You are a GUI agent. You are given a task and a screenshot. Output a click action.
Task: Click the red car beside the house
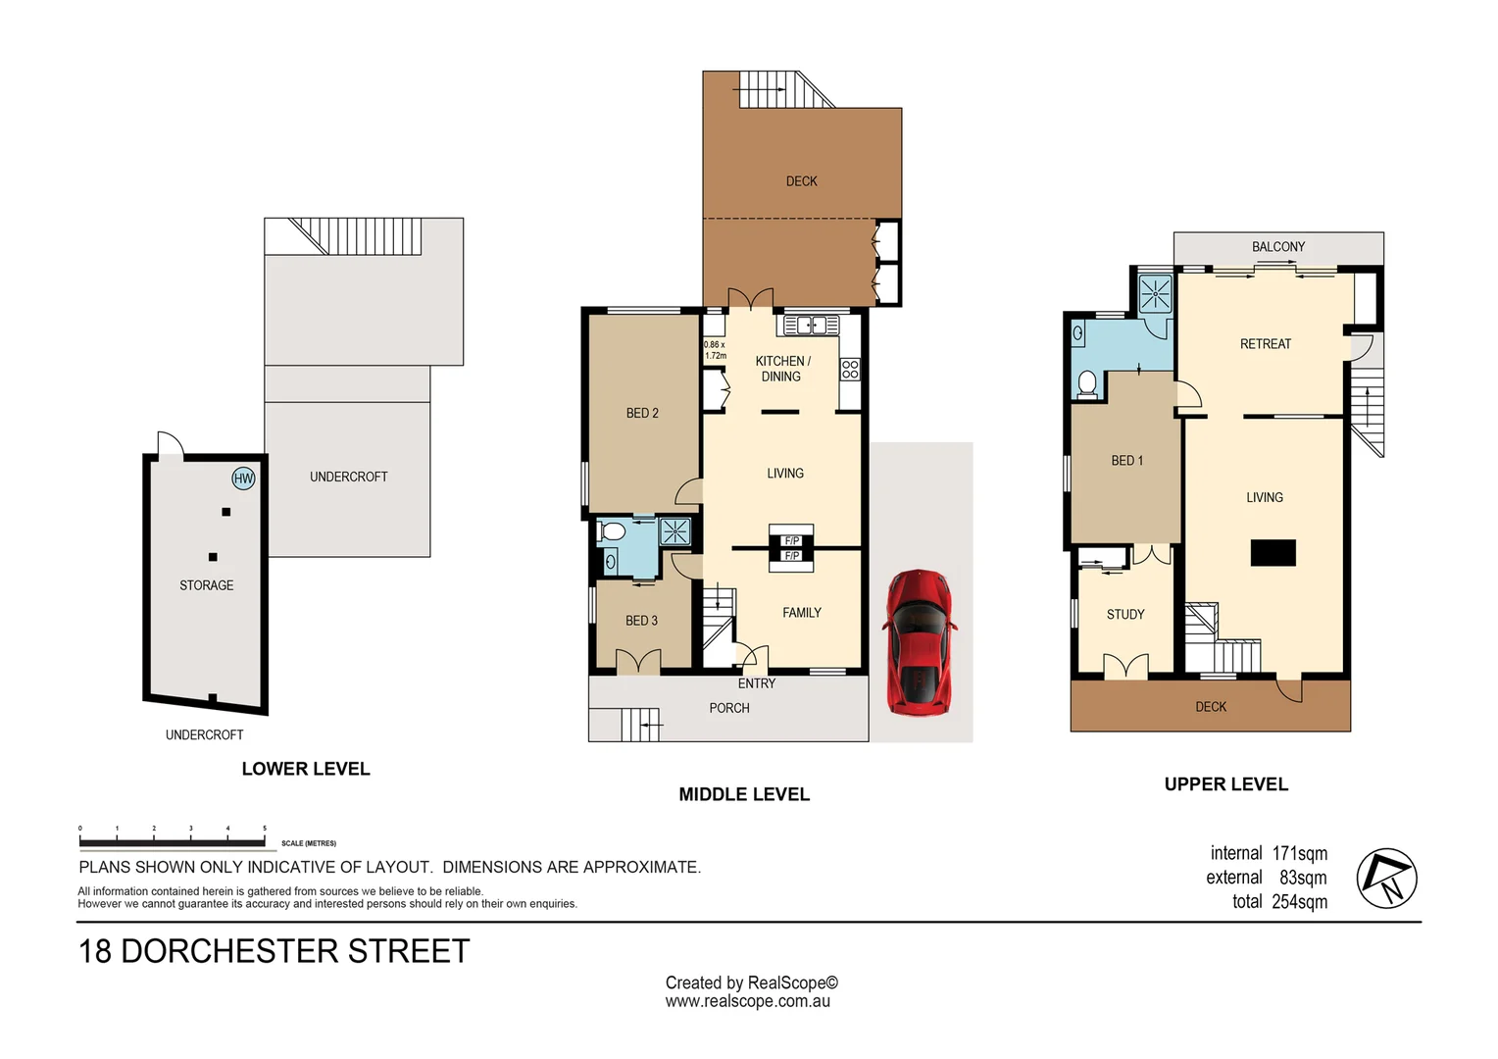pyautogui.click(x=919, y=642)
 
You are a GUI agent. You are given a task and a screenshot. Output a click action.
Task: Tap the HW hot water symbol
pyautogui.click(x=243, y=479)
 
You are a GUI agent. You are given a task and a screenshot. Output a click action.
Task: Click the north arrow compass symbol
pyautogui.click(x=1386, y=878)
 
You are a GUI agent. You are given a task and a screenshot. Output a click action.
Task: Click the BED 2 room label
pyautogui.click(x=642, y=413)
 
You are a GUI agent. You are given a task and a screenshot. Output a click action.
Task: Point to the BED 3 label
pyautogui.click(x=641, y=621)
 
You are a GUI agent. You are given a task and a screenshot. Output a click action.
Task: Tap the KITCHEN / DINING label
pyautogui.click(x=781, y=369)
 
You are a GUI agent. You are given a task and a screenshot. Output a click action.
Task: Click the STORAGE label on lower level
pyautogui.click(x=206, y=585)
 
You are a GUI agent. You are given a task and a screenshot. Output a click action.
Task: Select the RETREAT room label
pyautogui.click(x=1265, y=344)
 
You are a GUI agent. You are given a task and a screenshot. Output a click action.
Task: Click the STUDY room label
pyautogui.click(x=1125, y=615)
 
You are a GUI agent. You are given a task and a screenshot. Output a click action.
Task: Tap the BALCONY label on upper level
pyautogui.click(x=1277, y=247)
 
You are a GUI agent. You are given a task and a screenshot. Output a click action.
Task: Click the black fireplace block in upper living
pyautogui.click(x=1273, y=553)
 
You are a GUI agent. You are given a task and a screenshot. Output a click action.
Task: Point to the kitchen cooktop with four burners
pyautogui.click(x=850, y=370)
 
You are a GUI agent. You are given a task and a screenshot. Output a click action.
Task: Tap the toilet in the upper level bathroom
pyautogui.click(x=1086, y=383)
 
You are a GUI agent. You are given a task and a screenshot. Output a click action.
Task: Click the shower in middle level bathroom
pyautogui.click(x=674, y=531)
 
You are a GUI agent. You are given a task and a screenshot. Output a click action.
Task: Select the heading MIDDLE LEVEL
pyautogui.click(x=744, y=794)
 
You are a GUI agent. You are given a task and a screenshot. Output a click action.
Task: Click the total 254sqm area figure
pyautogui.click(x=1279, y=902)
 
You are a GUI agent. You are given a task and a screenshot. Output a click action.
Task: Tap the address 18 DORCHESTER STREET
pyautogui.click(x=274, y=951)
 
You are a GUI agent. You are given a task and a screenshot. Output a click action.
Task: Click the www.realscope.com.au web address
pyautogui.click(x=747, y=1001)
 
